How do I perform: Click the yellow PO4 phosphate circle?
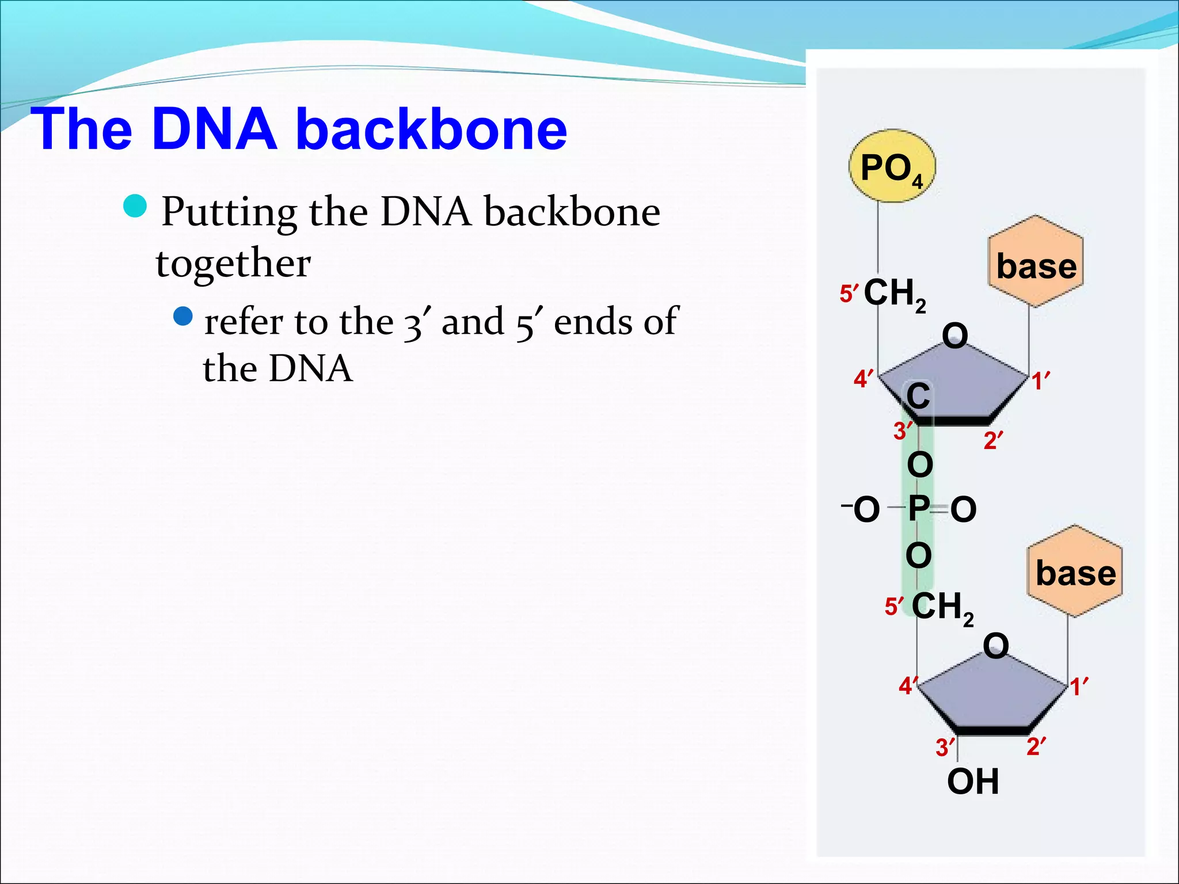(x=892, y=166)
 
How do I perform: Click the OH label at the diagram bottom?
(x=973, y=782)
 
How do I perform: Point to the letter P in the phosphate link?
(x=918, y=509)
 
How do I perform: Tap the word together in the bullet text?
(x=233, y=263)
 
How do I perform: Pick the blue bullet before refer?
(x=183, y=315)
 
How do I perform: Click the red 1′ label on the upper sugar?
(x=1040, y=382)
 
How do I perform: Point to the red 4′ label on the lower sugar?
(x=908, y=685)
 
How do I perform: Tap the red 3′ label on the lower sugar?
(x=945, y=748)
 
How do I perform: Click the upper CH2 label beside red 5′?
(x=895, y=294)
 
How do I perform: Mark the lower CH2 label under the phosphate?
(x=942, y=607)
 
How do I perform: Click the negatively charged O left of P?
(x=865, y=509)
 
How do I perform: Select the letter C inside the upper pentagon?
(x=918, y=397)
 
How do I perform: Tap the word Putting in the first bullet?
(x=229, y=212)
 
